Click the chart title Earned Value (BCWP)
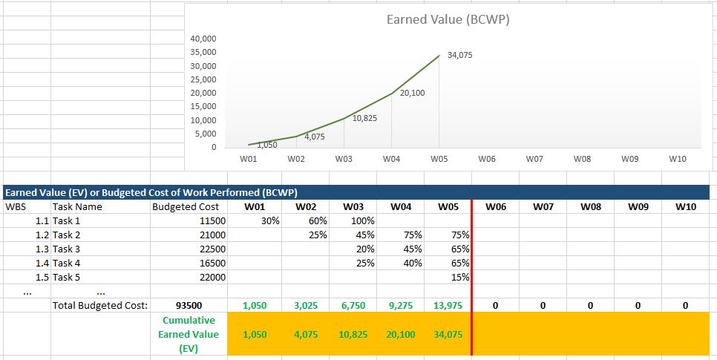point(448,20)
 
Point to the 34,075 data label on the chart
point(460,56)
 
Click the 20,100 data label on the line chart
point(412,94)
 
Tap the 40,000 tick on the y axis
point(203,39)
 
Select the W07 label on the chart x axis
point(534,159)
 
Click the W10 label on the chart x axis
point(677,159)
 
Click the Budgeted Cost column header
point(185,207)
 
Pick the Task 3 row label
point(66,249)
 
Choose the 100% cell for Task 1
point(361,220)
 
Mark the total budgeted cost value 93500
point(188,305)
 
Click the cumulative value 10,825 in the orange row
point(353,335)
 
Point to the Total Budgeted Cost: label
point(100,305)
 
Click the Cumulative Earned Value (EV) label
point(189,334)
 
